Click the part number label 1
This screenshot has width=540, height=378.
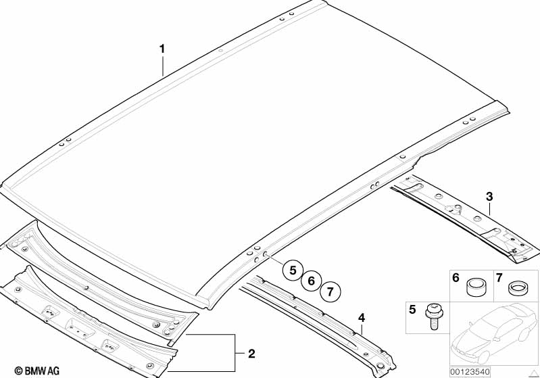(x=162, y=49)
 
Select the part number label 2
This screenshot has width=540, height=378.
(x=251, y=354)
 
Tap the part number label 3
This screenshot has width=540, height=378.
(x=489, y=197)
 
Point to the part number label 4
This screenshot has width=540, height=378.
(x=362, y=317)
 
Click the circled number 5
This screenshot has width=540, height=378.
(x=293, y=270)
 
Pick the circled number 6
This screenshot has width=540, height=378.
(x=312, y=281)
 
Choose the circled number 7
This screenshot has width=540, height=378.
(x=330, y=292)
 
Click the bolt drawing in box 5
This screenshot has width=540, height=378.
(x=433, y=316)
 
